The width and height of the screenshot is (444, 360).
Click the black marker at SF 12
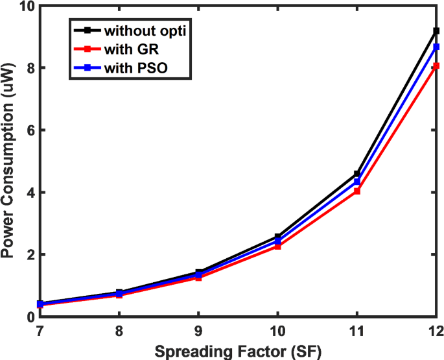pyautogui.click(x=436, y=31)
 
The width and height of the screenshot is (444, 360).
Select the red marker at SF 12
pyautogui.click(x=436, y=66)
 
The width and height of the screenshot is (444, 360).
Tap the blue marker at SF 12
pyautogui.click(x=436, y=47)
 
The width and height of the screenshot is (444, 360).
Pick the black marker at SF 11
pyautogui.click(x=357, y=174)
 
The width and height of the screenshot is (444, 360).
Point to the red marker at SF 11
pyautogui.click(x=357, y=191)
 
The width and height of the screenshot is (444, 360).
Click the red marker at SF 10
pyautogui.click(x=277, y=246)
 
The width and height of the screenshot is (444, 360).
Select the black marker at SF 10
pyautogui.click(x=277, y=237)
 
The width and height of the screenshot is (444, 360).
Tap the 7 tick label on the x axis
pyautogui.click(x=40, y=331)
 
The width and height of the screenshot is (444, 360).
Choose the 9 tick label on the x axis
pyautogui.click(x=198, y=331)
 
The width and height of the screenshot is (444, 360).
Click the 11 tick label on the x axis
pyautogui.click(x=356, y=331)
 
